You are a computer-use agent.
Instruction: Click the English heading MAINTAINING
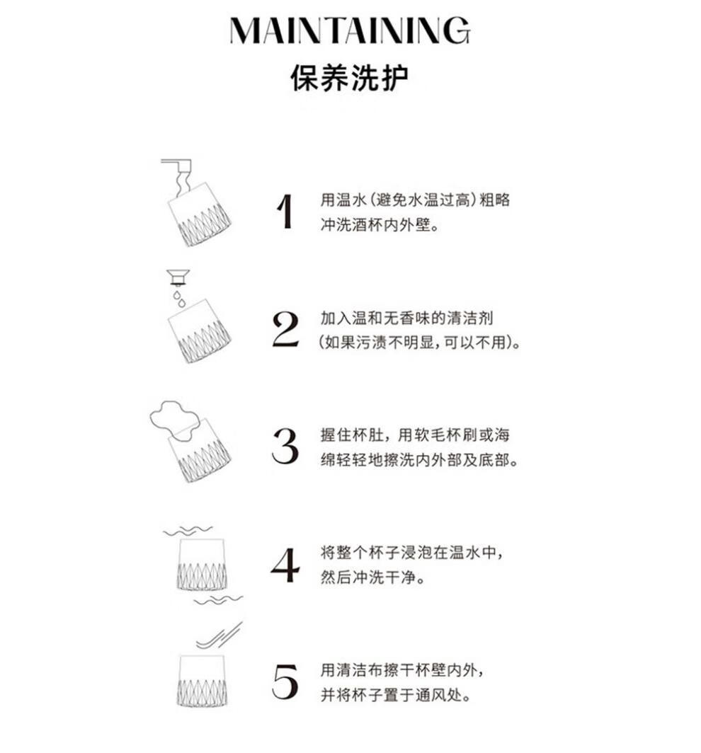pyautogui.click(x=350, y=30)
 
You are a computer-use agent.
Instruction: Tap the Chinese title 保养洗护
pyautogui.click(x=349, y=77)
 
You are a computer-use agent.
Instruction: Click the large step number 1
pyautogui.click(x=285, y=212)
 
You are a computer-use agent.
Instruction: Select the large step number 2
pyautogui.click(x=285, y=329)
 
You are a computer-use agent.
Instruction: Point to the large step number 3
pyautogui.click(x=285, y=446)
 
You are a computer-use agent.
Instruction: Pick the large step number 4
pyautogui.click(x=285, y=565)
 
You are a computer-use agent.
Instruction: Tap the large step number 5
pyautogui.click(x=285, y=682)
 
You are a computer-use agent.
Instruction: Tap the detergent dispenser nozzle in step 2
pyautogui.click(x=178, y=277)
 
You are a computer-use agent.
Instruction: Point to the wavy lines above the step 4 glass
pyautogui.click(x=188, y=531)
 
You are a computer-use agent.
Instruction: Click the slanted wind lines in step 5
pyautogui.click(x=220, y=636)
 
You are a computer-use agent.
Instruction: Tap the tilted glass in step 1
pyautogui.click(x=200, y=214)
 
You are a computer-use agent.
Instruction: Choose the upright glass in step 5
pyautogui.click(x=202, y=680)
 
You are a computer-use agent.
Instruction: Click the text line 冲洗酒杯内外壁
pyautogui.click(x=380, y=225)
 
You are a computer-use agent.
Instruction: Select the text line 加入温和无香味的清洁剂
pyautogui.click(x=406, y=318)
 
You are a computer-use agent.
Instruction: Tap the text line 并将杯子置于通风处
pyautogui.click(x=396, y=694)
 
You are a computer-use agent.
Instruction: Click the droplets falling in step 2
pyautogui.click(x=179, y=299)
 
